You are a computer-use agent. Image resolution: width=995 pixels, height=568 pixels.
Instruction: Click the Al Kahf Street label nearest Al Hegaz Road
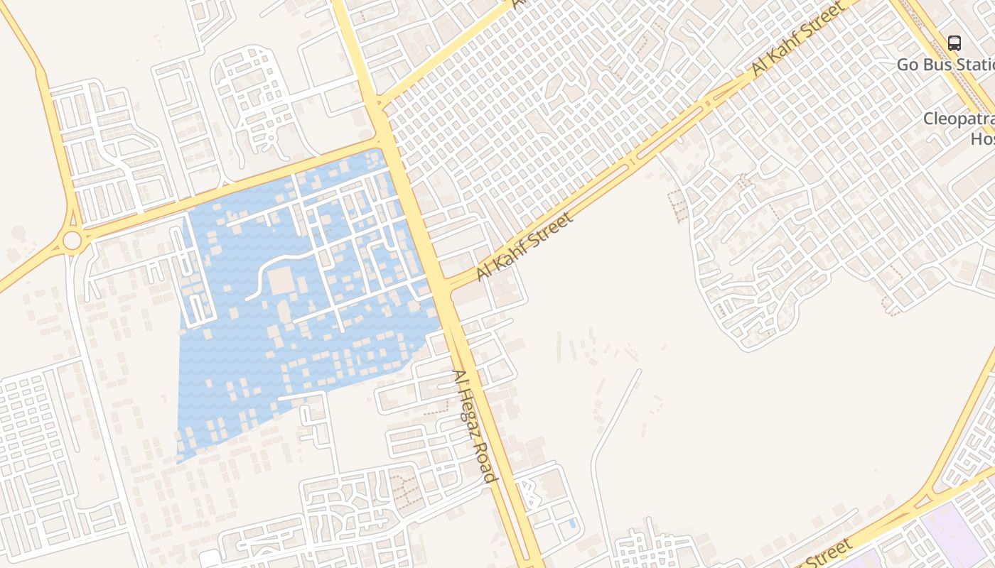pyautogui.click(x=524, y=246)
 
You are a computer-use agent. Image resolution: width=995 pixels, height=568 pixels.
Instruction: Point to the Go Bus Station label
pyautogui.click(x=945, y=64)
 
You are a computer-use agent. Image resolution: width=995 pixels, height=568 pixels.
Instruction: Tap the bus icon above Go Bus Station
pyautogui.click(x=954, y=43)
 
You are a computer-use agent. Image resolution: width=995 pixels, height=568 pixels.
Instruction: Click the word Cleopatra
pyautogui.click(x=958, y=119)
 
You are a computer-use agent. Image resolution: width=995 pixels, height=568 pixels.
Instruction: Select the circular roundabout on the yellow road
pyautogui.click(x=72, y=241)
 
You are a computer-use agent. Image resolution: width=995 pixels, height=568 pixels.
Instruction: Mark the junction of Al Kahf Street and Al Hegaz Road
pyautogui.click(x=443, y=285)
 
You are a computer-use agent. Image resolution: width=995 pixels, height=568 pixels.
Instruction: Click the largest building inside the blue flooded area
pyautogui.click(x=281, y=281)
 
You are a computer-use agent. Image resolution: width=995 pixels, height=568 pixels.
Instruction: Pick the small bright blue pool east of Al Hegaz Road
pyautogui.click(x=572, y=524)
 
